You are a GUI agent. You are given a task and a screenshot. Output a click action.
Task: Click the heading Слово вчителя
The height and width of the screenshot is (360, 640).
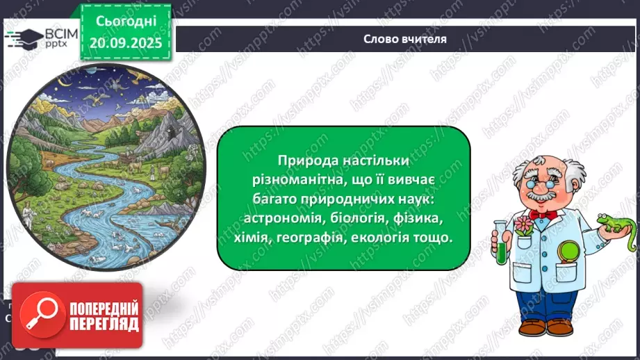pos(405,39)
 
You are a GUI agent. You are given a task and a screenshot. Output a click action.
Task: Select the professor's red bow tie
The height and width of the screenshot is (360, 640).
pos(543,215)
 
